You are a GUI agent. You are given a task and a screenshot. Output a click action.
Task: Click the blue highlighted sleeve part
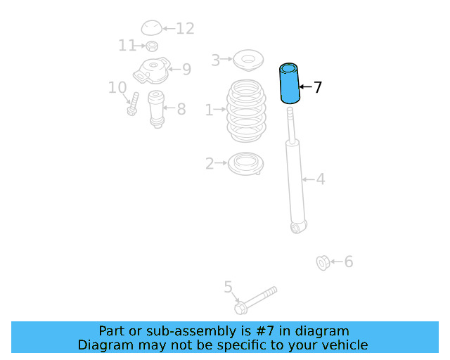290,83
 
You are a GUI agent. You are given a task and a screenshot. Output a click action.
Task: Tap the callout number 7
317,87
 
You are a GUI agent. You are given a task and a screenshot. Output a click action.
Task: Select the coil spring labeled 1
246,111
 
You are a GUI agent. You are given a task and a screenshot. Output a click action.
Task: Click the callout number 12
185,28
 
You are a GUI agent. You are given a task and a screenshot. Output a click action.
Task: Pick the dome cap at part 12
152,28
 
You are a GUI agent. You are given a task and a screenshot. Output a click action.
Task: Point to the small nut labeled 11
152,46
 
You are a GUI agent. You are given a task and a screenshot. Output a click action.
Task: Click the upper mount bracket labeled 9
152,71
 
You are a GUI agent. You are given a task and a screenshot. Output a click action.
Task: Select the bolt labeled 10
133,104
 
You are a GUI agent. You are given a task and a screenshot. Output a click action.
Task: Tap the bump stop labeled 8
156,110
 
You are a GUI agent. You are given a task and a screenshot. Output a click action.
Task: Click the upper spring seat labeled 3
248,60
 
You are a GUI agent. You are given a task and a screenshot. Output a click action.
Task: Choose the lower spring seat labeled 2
245,164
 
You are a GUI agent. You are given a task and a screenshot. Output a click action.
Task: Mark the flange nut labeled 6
323,263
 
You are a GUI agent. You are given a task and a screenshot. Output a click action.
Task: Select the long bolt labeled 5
255,300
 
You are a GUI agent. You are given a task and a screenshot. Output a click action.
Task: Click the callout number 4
321,179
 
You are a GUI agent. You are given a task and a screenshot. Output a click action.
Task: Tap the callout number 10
117,88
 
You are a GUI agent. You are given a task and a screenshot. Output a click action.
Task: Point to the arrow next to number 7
305,86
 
